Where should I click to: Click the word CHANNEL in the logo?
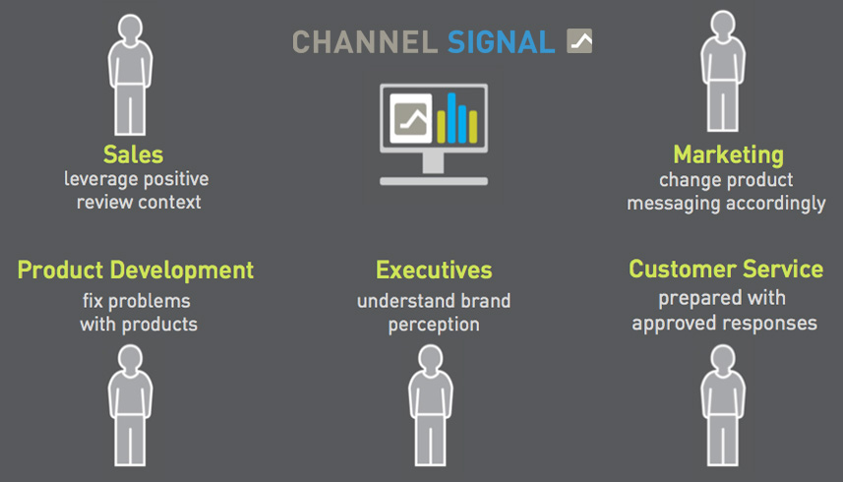click(x=365, y=42)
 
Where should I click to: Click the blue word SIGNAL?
click(x=501, y=42)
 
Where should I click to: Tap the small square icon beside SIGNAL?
click(x=579, y=41)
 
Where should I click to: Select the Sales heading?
click(x=133, y=154)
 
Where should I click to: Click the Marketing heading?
click(x=729, y=155)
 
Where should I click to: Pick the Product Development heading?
click(x=136, y=271)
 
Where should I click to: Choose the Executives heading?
click(x=434, y=270)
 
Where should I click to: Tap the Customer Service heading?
click(x=726, y=269)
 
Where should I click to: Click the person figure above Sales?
click(x=130, y=75)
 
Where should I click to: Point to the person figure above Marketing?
click(x=723, y=72)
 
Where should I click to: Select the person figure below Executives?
click(x=430, y=405)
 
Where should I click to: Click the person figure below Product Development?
click(x=130, y=405)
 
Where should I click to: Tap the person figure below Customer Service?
click(x=723, y=405)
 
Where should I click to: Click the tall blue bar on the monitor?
click(x=452, y=118)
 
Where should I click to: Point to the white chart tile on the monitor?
click(x=411, y=118)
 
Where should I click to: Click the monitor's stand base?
click(x=434, y=181)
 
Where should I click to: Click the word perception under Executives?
click(x=434, y=325)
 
